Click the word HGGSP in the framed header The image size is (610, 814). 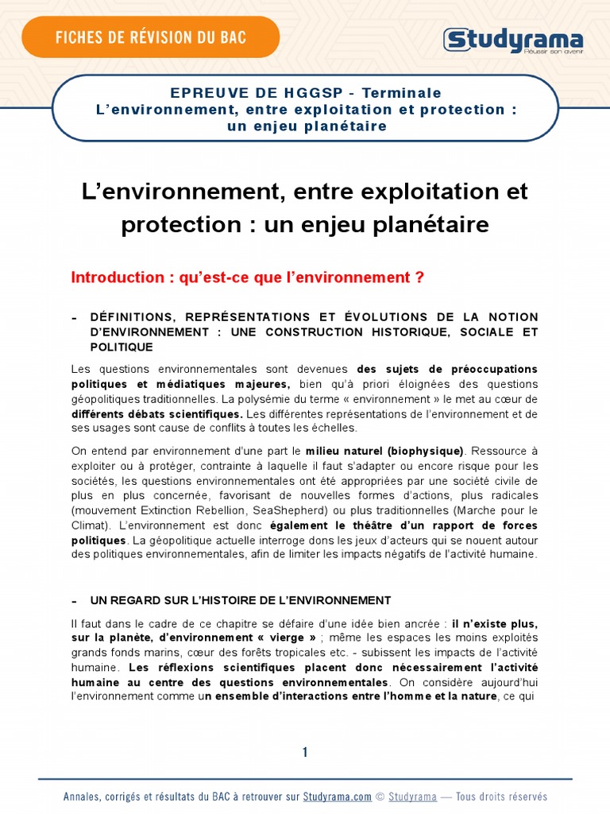click(x=281, y=93)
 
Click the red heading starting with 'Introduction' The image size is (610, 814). click(x=248, y=277)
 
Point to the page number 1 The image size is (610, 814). click(x=305, y=753)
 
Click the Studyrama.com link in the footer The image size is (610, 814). click(x=337, y=797)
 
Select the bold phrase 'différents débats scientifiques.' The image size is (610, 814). click(x=156, y=414)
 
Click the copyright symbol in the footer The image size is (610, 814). click(x=380, y=797)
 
